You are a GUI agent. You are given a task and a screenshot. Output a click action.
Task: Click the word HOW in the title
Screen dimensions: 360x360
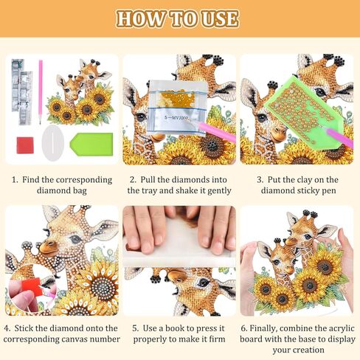[x=140, y=18]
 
